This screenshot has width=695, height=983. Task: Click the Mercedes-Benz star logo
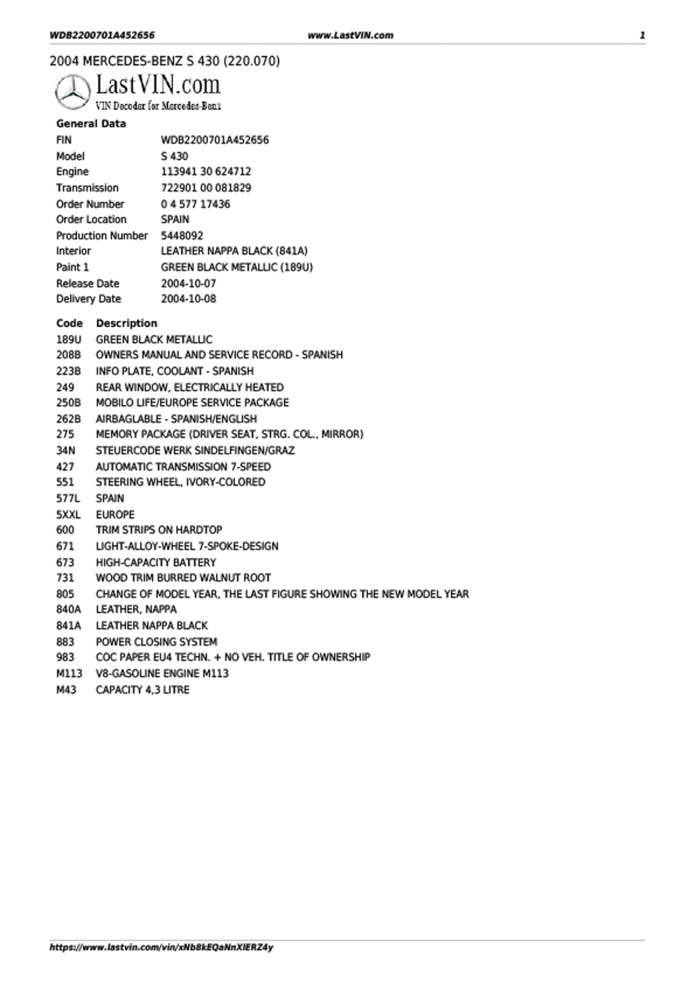[72, 93]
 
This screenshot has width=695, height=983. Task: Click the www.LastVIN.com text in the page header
[350, 35]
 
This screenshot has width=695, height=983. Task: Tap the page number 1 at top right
[642, 35]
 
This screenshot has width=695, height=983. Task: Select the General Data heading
[91, 124]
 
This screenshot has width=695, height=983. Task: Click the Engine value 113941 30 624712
[206, 172]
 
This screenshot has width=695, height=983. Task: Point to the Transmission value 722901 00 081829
[206, 188]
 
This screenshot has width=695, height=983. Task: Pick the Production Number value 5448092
[182, 236]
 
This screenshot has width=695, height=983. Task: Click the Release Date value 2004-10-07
[188, 283]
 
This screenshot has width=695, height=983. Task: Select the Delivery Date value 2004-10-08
[188, 299]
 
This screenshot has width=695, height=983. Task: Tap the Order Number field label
[90, 204]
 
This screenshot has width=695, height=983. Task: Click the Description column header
[126, 323]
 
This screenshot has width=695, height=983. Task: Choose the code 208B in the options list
[69, 355]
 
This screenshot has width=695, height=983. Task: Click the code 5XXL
[69, 514]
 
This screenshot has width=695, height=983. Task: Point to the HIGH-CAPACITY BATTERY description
[156, 562]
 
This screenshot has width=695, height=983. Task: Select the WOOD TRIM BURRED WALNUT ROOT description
[183, 578]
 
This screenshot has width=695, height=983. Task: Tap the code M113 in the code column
[69, 673]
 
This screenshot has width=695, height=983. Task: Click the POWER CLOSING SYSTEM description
[156, 642]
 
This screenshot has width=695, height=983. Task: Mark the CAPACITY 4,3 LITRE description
[142, 690]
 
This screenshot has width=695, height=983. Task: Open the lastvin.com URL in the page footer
[161, 947]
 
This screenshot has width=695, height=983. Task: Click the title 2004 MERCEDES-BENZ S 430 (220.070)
[165, 61]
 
